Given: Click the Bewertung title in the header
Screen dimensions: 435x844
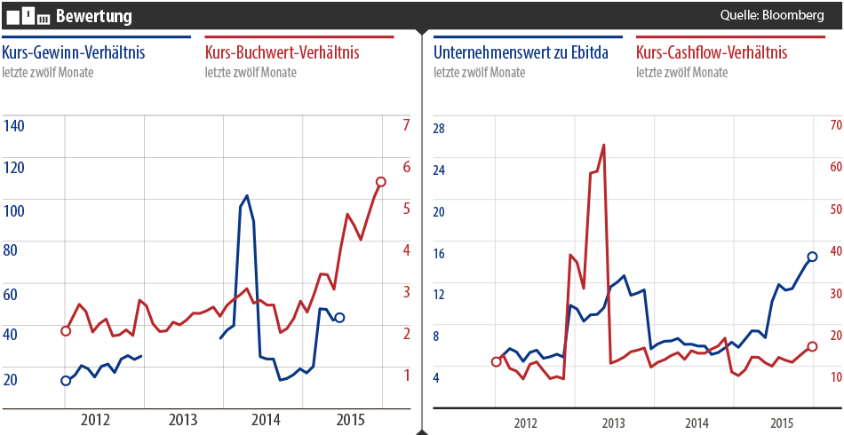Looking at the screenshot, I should point(93,16).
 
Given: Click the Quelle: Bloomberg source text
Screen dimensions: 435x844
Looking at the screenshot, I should point(772,16).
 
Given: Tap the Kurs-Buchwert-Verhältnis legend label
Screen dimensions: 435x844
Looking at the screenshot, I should point(282,53).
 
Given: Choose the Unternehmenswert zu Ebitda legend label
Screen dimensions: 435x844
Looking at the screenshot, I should point(521,53).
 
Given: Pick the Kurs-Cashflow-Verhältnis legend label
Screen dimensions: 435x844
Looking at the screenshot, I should point(712,53).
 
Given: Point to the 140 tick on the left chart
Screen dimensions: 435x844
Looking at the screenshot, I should point(14,126).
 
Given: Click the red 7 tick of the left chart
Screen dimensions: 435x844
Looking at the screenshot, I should point(406,125).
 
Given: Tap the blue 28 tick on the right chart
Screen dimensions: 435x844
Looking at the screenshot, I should point(437,129).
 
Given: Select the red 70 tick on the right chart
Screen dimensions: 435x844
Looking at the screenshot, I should point(835,125).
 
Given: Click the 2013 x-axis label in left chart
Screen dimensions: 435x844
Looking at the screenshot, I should point(183,418).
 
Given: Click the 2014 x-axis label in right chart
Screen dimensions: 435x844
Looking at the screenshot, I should point(697,423).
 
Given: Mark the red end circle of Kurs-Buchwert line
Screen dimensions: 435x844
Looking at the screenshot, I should point(381,182).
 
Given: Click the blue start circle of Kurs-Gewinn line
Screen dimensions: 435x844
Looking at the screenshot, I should point(65,381).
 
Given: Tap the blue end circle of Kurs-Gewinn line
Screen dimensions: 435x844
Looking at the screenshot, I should point(339,318).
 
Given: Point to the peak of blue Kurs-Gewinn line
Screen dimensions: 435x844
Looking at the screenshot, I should point(246,196).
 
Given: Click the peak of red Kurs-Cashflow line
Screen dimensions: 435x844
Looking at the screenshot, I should point(604,145).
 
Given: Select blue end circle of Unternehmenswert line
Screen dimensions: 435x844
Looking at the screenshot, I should point(812,257).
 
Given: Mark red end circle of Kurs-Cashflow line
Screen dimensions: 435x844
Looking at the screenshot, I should point(812,347).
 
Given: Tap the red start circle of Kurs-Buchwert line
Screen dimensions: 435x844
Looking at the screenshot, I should point(65,331).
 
